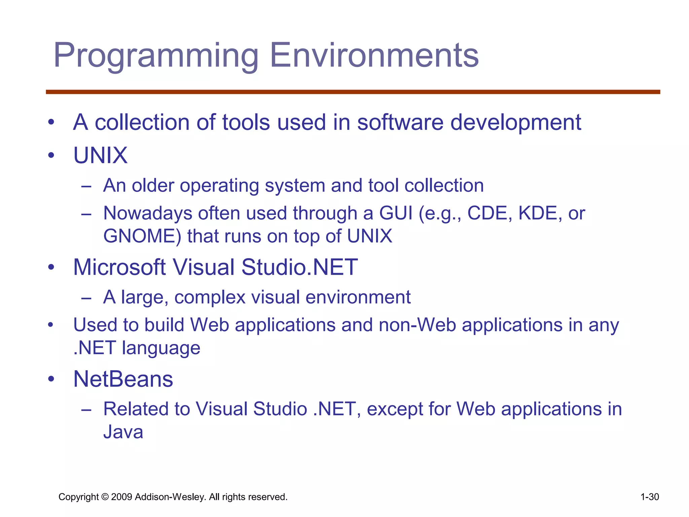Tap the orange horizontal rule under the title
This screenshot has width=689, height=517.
pyautogui.click(x=353, y=92)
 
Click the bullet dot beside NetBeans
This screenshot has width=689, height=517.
pyautogui.click(x=51, y=379)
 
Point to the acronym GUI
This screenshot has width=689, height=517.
pyautogui.click(x=396, y=213)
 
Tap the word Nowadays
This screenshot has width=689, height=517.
pyautogui.click(x=147, y=213)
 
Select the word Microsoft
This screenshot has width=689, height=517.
pyautogui.click(x=119, y=267)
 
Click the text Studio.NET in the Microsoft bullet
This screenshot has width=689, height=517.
pyautogui.click(x=299, y=267)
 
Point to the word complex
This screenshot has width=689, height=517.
pyautogui.click(x=210, y=297)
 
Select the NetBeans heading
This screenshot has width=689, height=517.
pyautogui.click(x=123, y=379)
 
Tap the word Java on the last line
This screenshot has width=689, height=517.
pyautogui.click(x=123, y=432)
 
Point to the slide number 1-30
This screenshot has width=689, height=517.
pyautogui.click(x=649, y=497)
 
